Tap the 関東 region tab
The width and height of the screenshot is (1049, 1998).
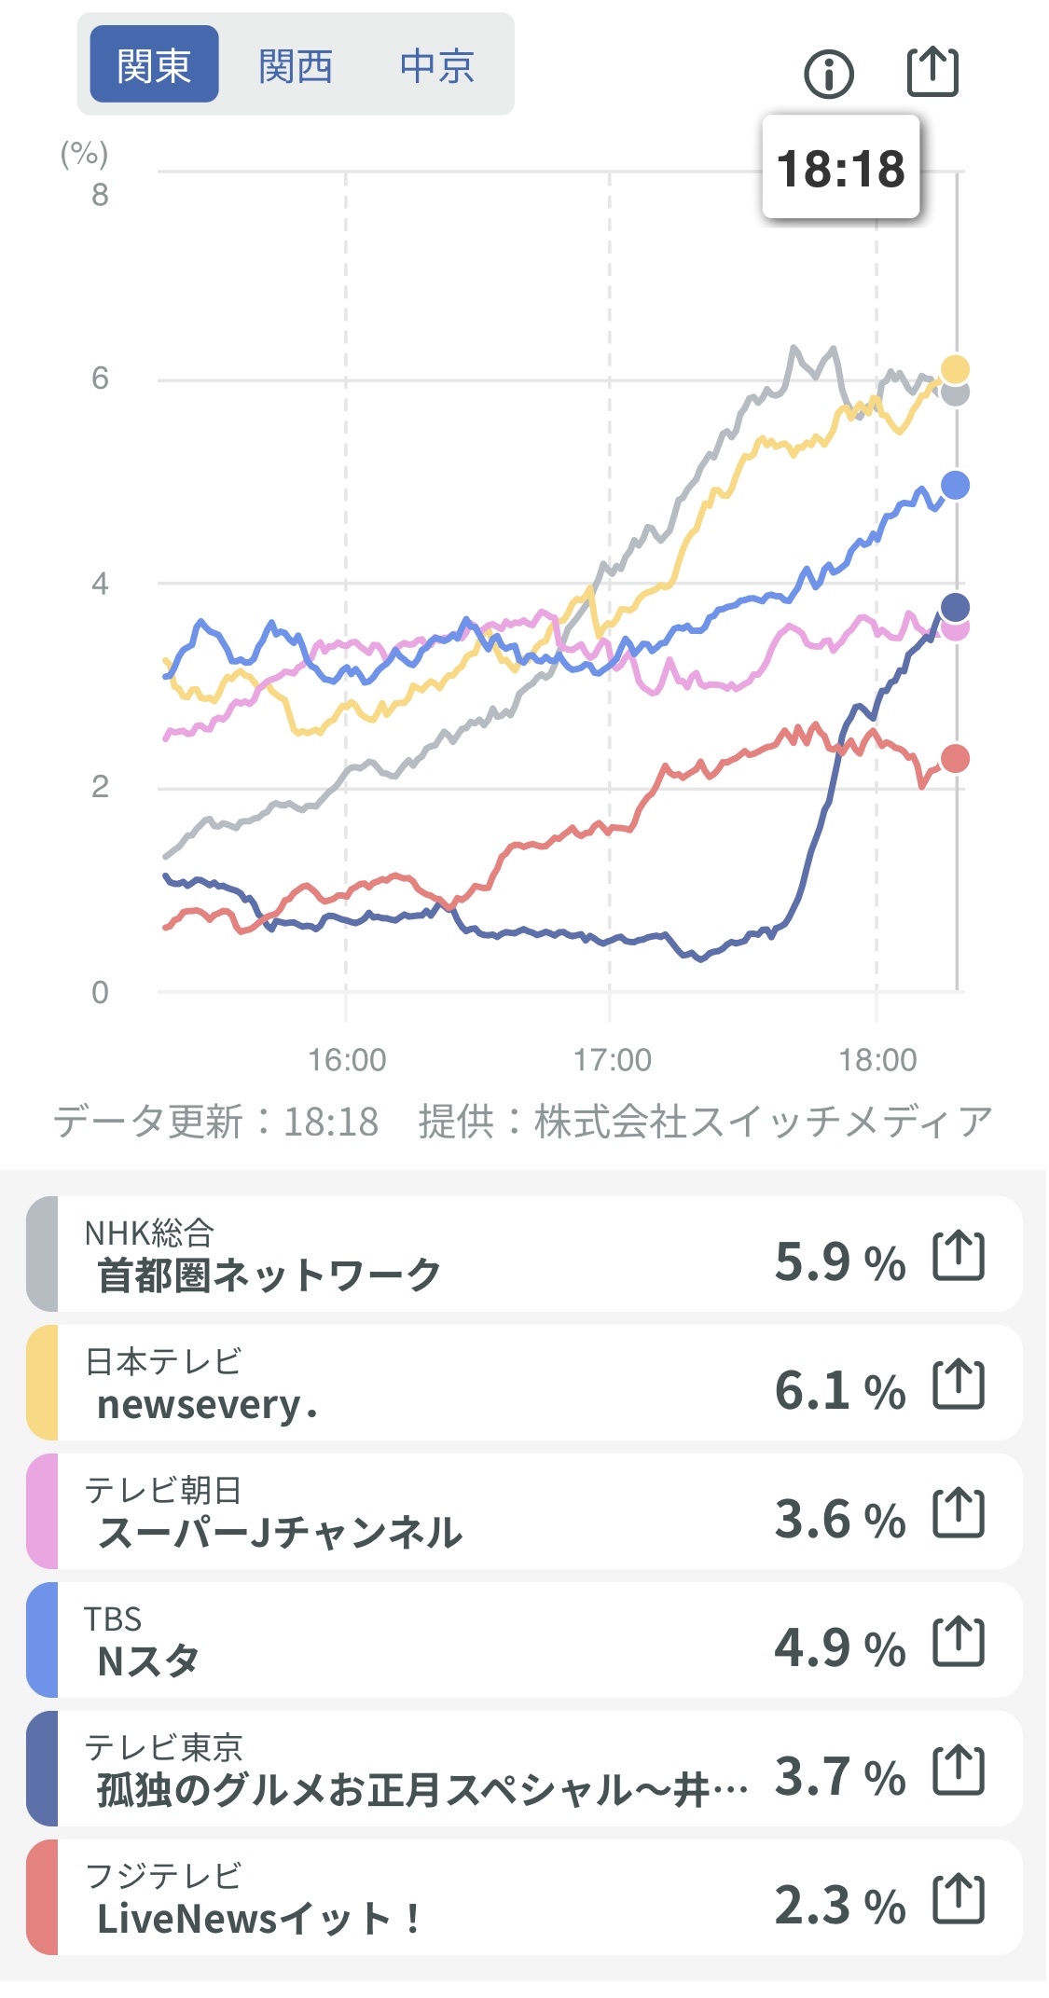coord(154,65)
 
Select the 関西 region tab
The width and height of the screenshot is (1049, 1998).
coord(296,65)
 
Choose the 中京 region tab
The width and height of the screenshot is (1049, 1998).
coord(437,65)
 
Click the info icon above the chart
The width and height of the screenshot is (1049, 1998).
coord(828,74)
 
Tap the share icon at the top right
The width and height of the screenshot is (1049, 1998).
coord(932,71)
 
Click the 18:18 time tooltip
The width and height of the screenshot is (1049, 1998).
coord(841,169)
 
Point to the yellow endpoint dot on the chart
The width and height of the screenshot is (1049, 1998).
coord(955,369)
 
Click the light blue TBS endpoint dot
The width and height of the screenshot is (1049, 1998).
coord(955,485)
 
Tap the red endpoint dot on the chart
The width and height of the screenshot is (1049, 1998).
coord(955,759)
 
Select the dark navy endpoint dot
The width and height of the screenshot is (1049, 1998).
coord(955,608)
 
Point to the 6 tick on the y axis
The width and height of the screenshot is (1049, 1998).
coord(100,379)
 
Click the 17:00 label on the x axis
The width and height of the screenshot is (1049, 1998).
coord(612,1060)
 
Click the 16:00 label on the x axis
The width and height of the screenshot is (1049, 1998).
coord(347,1060)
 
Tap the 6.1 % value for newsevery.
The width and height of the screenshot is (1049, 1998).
coord(840,1390)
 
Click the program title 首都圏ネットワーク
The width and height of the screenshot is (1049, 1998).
coord(269,1275)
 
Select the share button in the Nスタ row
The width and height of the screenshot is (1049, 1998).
coord(959,1641)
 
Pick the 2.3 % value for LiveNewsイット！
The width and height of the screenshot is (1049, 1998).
coord(840,1905)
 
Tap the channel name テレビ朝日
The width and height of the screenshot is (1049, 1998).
coord(163,1490)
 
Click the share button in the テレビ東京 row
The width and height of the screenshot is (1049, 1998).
coord(959,1770)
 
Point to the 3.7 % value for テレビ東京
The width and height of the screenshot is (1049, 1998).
coord(840,1776)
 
